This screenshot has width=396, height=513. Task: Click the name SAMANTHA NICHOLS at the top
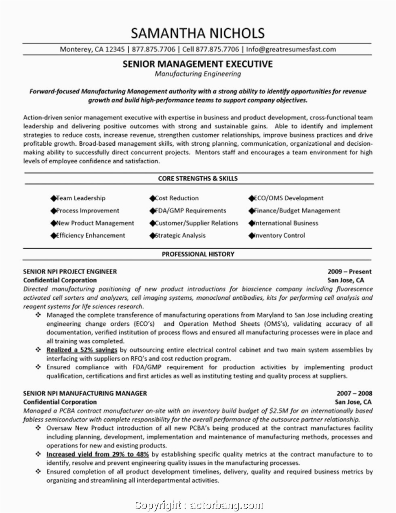click(x=198, y=33)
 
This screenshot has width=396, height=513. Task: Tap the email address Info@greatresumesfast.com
click(x=291, y=49)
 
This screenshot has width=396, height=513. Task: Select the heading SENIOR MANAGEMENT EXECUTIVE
click(x=198, y=64)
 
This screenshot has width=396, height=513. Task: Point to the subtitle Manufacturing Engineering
click(x=198, y=74)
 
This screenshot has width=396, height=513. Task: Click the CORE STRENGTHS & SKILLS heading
click(x=198, y=178)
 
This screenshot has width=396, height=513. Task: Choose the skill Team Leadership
click(x=80, y=198)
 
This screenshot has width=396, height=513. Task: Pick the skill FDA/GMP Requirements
click(x=190, y=211)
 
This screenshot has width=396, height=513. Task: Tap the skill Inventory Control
click(x=279, y=235)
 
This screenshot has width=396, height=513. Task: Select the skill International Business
click(x=286, y=223)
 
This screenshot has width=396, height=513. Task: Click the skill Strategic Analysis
click(x=180, y=235)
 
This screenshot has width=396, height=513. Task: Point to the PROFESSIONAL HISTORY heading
click(x=198, y=254)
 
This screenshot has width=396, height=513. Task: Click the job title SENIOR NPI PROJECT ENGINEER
click(x=70, y=271)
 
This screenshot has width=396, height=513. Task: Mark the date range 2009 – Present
click(x=350, y=271)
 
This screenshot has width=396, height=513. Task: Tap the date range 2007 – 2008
click(x=354, y=393)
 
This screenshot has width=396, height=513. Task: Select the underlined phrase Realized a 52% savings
click(x=82, y=350)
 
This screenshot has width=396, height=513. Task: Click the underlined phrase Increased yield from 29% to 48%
click(x=97, y=454)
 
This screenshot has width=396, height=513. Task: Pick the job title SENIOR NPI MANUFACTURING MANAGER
click(x=85, y=393)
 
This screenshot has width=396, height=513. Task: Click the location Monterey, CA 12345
click(x=92, y=49)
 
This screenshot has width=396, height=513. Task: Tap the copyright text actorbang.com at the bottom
click(x=227, y=505)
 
